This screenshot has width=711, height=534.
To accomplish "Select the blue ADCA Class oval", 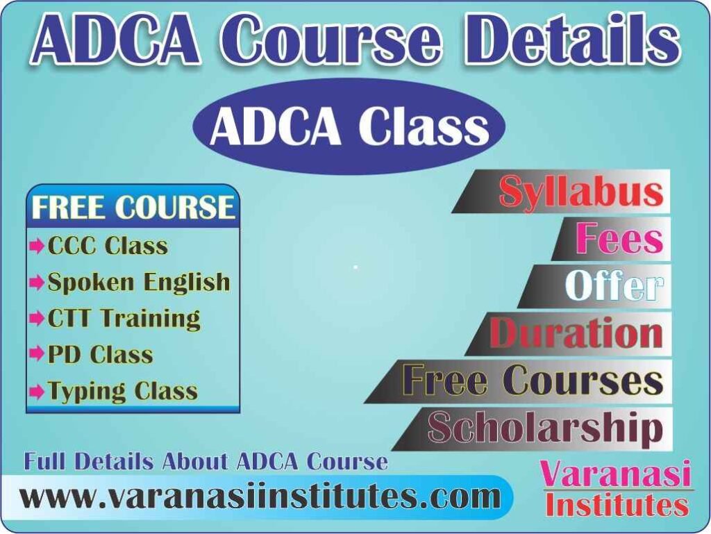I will [349, 126].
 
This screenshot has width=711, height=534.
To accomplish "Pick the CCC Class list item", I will [108, 246].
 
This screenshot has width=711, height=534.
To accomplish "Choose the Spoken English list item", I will [138, 282].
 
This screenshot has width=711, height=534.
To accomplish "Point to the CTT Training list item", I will [124, 318].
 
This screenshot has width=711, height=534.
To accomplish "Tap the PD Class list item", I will [100, 355].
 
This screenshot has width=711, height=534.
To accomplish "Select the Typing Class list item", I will [122, 391].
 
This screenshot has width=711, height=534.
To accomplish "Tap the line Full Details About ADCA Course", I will [206, 461].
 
